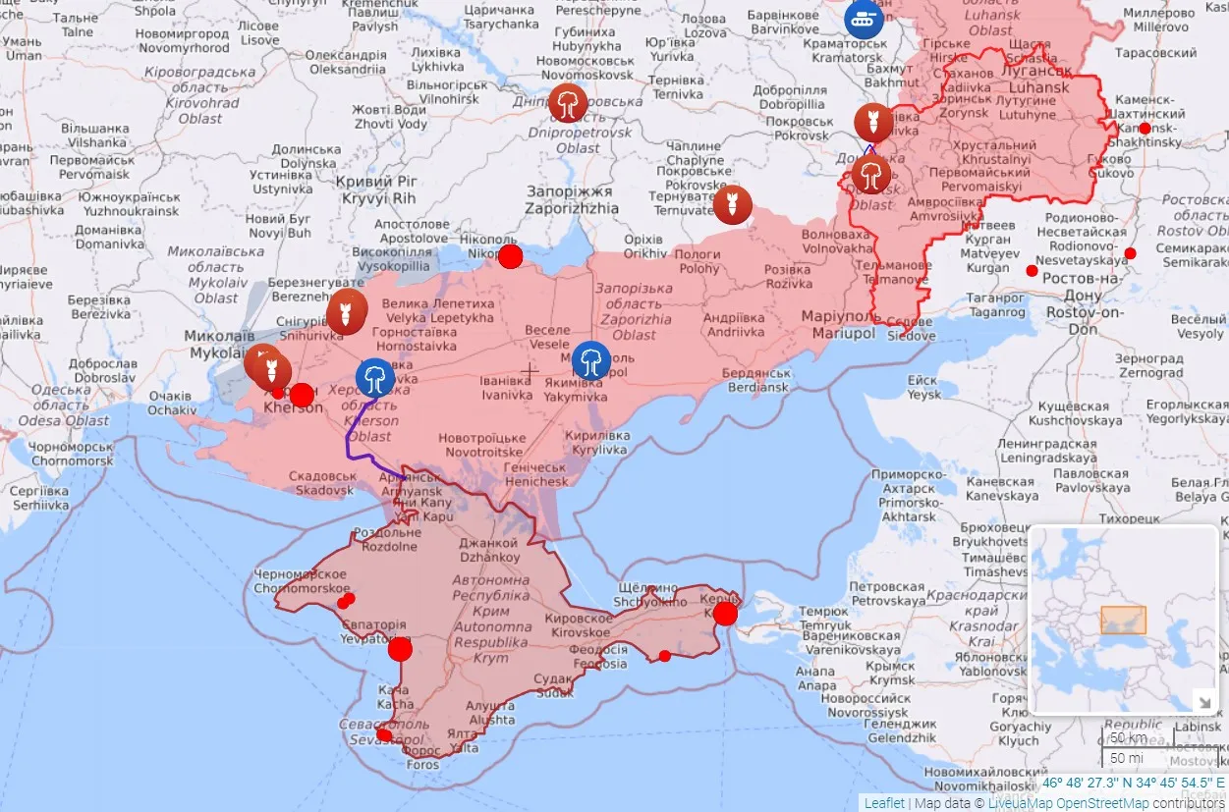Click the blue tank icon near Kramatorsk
(x=864, y=17)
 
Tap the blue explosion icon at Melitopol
(x=590, y=360)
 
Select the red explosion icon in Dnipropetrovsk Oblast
(x=568, y=103)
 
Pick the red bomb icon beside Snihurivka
(x=346, y=311)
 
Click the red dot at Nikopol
(x=510, y=257)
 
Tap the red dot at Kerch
(x=725, y=614)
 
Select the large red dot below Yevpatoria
(x=400, y=649)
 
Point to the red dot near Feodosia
(x=665, y=656)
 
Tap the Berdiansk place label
(x=755, y=380)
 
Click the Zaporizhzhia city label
(x=571, y=200)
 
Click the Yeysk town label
(x=922, y=387)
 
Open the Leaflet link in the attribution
(x=884, y=803)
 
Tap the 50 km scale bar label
(x=1128, y=737)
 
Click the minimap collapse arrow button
(x=1203, y=700)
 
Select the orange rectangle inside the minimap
(x=1123, y=620)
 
